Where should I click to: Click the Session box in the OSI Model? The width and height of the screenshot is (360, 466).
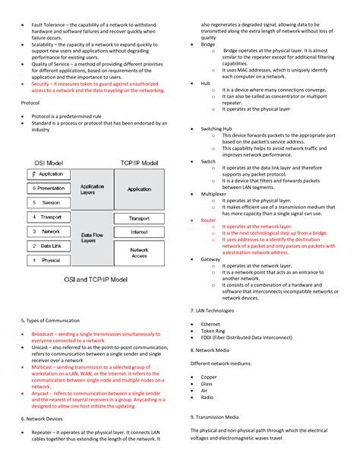tap(50, 203)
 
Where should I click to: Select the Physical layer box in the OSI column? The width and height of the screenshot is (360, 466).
tap(50, 260)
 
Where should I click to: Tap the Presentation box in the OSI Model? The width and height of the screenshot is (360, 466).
tap(50, 188)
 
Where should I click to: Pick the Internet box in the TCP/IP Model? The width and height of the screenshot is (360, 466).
tap(139, 232)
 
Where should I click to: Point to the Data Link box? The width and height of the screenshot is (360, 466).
tap(50, 246)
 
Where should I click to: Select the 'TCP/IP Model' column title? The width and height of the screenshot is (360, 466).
tap(139, 163)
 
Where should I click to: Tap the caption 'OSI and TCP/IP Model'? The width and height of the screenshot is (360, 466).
tap(95, 279)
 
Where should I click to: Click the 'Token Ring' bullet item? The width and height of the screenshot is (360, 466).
tap(213, 331)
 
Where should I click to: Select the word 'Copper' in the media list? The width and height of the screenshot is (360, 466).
tap(208, 376)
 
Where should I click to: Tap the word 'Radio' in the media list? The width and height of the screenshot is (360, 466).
tap(207, 397)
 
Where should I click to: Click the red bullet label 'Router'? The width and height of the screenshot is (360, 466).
tap(208, 220)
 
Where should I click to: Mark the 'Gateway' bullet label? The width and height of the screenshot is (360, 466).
tap(210, 259)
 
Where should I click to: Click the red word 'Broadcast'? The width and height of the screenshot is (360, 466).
tap(43, 334)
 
